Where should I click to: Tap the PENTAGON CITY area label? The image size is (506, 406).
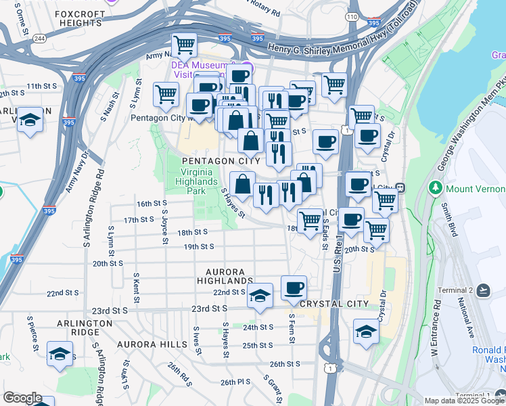pyautogui.click(x=220, y=161)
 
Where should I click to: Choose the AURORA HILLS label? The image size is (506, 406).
pyautogui.click(x=152, y=344)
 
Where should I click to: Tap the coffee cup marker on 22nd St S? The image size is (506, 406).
pyautogui.click(x=294, y=288)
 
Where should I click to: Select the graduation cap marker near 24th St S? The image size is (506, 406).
pyautogui.click(x=366, y=332)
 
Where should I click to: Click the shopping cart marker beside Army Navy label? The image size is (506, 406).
pyautogui.click(x=184, y=45)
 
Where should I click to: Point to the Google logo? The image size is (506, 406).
pyautogui.click(x=22, y=398)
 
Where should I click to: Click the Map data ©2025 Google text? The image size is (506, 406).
pyautogui.click(x=448, y=401)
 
